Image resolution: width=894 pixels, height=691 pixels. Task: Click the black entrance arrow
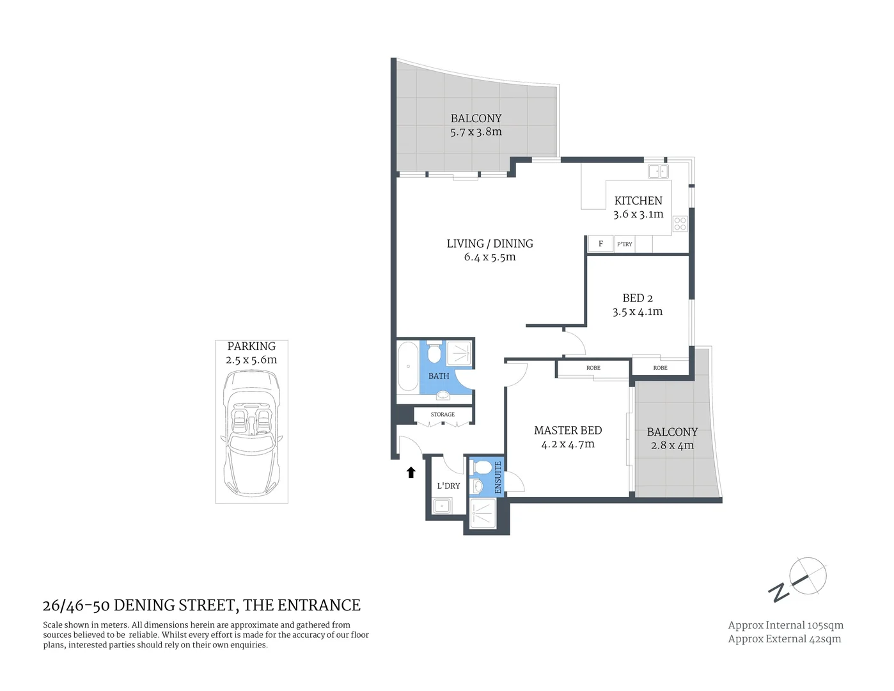[x=411, y=473]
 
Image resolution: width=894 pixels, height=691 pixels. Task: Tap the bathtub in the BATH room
[x=407, y=366]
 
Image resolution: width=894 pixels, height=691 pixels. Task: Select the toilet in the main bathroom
[x=434, y=353]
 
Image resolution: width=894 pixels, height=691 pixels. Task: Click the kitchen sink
[x=658, y=171]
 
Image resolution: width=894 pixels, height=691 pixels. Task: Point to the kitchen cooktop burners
[x=680, y=224]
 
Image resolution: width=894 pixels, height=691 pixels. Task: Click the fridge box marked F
[x=600, y=244]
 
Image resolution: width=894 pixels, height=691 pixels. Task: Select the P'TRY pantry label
[x=624, y=244]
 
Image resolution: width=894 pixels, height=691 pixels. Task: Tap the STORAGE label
[x=443, y=415]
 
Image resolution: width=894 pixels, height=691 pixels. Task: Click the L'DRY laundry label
[x=448, y=486]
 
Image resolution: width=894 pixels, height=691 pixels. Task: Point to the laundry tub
[x=441, y=507]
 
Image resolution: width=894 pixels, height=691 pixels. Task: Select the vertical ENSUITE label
[x=498, y=477]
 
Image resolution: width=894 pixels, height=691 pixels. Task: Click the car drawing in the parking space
[x=251, y=435]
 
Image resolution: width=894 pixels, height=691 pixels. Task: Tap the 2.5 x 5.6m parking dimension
[x=251, y=360]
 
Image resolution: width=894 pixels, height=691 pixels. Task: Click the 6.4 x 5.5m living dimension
[x=490, y=257]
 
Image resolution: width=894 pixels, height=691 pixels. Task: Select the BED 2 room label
[x=638, y=298]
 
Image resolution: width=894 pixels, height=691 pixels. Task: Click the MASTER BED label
[x=568, y=431]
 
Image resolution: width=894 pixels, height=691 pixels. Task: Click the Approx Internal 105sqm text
[x=785, y=625]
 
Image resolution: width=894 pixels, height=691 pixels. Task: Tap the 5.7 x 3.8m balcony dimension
[x=476, y=132]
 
